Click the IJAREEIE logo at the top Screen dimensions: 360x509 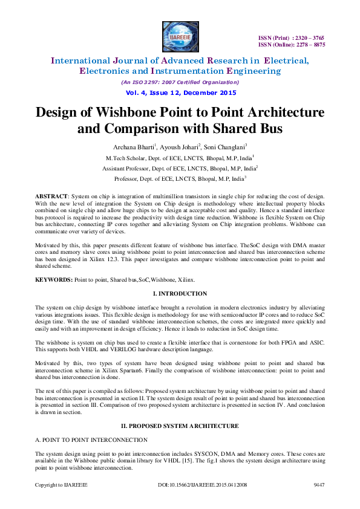180,36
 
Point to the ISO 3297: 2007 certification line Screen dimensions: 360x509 180,82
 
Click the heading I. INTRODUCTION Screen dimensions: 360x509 180,294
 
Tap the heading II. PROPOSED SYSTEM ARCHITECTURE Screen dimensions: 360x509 180,426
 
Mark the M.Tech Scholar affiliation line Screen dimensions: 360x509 180,158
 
